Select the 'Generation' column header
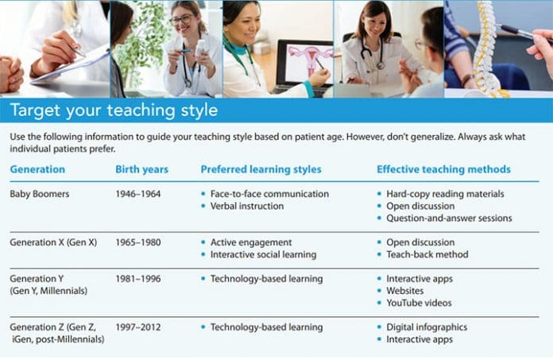coord(37,169)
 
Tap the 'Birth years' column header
coord(142,169)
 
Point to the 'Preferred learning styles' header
coord(261,169)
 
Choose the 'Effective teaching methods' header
coord(443,169)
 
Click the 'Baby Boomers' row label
coord(41,194)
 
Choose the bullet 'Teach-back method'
coord(427,255)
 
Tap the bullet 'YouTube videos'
coord(419,303)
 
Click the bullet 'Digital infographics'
coord(427,327)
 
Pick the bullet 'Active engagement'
coord(251,242)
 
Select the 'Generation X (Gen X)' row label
coord(53,242)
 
